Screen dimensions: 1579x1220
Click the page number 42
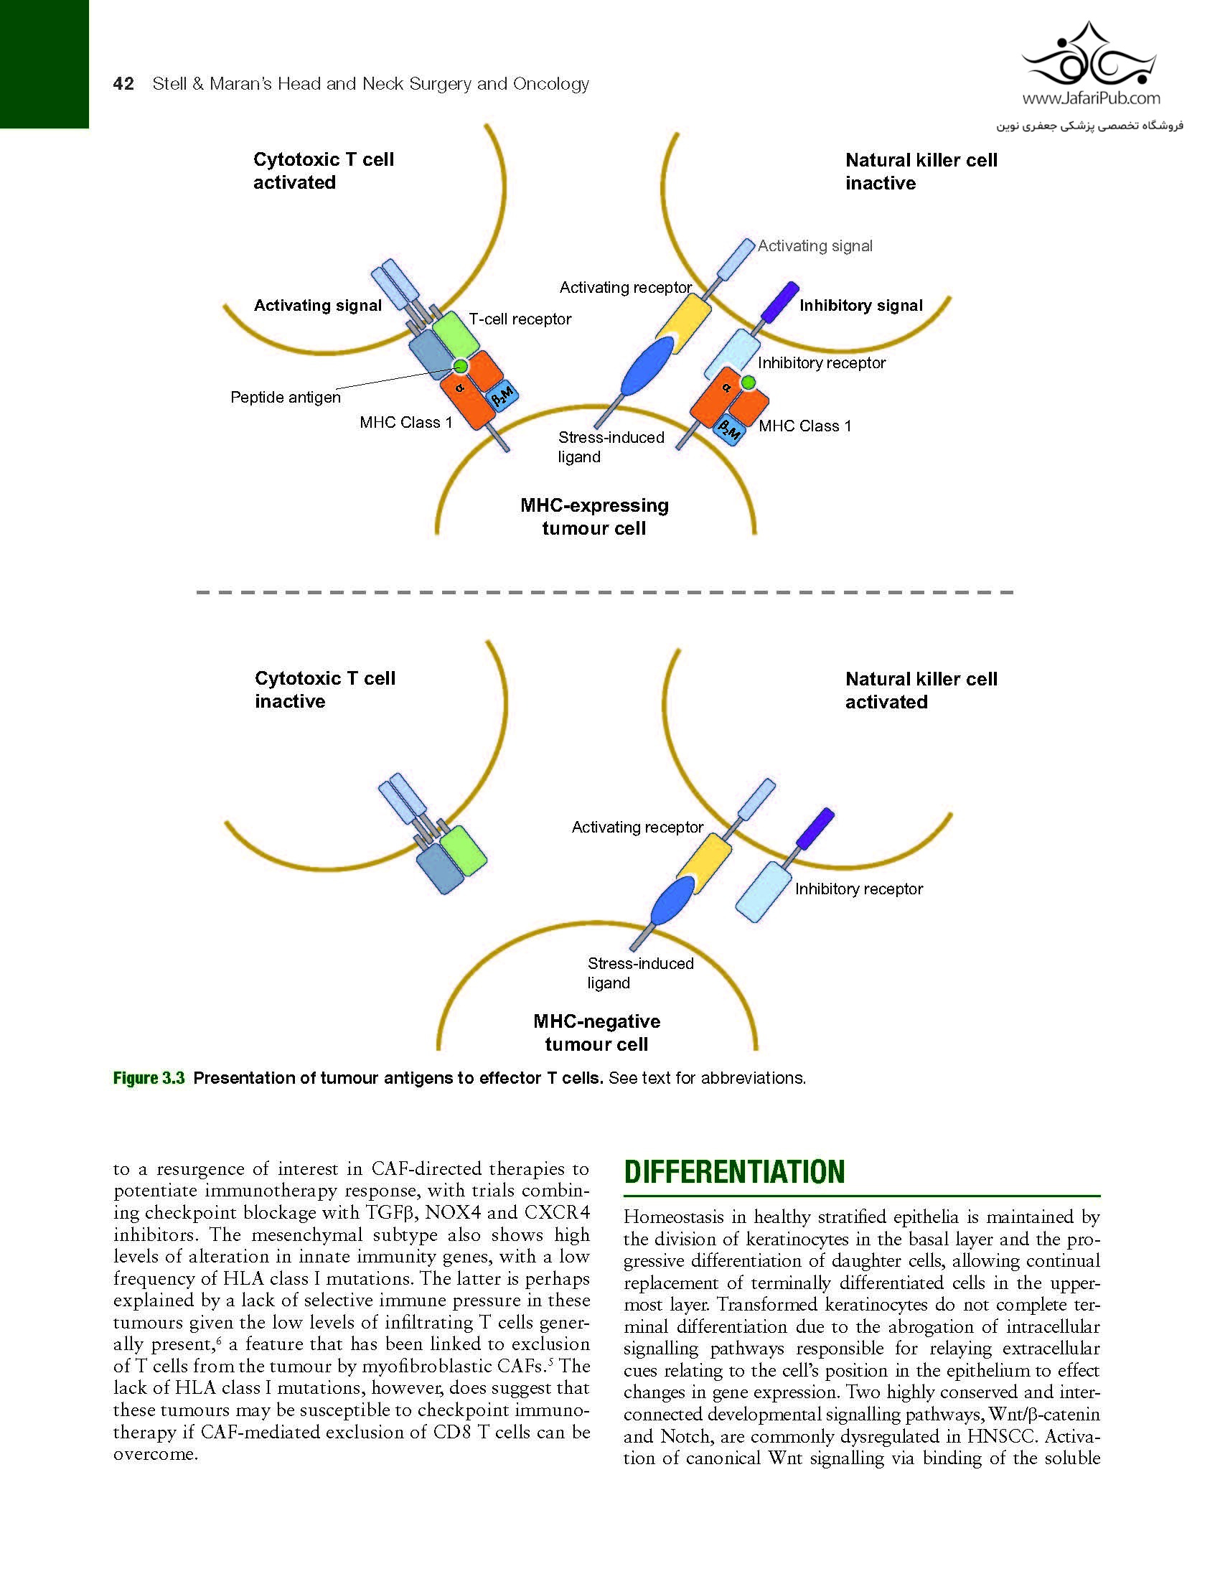(x=123, y=84)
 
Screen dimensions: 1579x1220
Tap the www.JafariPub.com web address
(x=1091, y=98)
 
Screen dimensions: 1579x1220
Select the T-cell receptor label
(x=520, y=319)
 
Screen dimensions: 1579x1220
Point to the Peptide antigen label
(x=286, y=397)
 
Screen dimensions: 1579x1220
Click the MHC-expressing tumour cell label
(x=594, y=516)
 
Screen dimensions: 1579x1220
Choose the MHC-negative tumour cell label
(x=596, y=1032)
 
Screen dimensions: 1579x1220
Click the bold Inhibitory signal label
(x=860, y=305)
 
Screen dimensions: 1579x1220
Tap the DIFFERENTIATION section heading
(x=734, y=1172)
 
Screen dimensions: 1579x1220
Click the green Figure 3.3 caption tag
(x=149, y=1078)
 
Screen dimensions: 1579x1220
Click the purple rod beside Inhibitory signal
(x=781, y=301)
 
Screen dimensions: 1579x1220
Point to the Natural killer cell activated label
(x=921, y=690)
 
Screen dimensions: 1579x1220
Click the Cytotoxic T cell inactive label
(x=324, y=690)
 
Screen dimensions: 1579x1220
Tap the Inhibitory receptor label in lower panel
(x=858, y=889)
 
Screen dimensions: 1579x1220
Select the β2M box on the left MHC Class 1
(x=502, y=395)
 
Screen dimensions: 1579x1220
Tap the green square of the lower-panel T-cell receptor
(x=464, y=851)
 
